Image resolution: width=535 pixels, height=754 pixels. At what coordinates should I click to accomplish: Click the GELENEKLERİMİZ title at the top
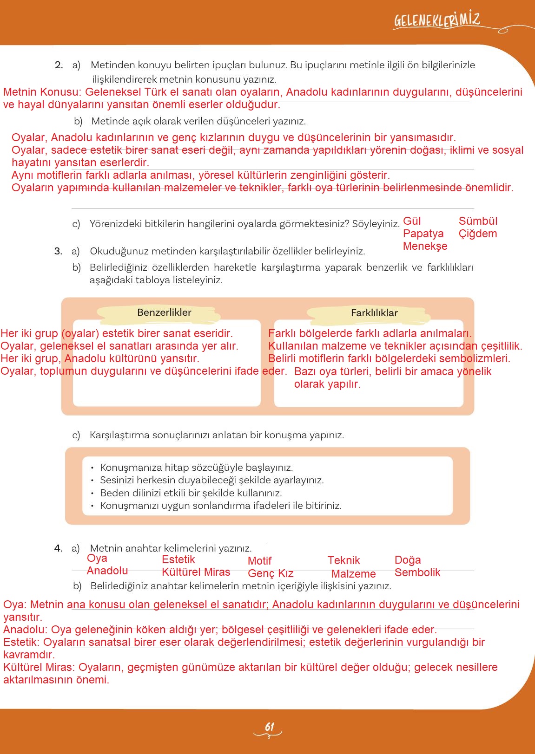tap(437, 20)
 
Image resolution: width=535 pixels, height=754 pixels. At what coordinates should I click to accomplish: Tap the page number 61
tap(269, 727)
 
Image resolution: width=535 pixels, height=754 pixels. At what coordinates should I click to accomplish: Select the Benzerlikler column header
tap(164, 312)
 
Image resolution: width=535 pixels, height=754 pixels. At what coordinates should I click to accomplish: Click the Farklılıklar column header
tap(374, 313)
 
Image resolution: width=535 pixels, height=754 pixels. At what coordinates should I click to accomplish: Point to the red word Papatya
tap(423, 234)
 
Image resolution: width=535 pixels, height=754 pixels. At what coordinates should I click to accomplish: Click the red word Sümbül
tap(478, 221)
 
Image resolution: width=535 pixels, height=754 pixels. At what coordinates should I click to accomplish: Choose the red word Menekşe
tap(425, 246)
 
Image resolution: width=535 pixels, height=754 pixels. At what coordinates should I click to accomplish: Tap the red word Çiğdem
tap(478, 234)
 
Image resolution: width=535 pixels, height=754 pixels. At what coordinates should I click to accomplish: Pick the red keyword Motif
tap(259, 561)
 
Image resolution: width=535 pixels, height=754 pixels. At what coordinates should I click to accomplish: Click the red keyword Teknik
tap(343, 560)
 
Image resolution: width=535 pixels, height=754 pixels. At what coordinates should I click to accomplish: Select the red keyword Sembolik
tap(417, 572)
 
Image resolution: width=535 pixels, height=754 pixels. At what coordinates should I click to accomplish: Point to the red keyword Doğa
tap(407, 560)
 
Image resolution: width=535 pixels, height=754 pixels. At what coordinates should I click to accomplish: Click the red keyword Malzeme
tap(353, 574)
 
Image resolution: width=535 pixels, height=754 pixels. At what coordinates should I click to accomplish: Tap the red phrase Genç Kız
tap(271, 574)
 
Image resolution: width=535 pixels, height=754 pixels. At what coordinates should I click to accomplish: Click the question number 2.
tap(59, 65)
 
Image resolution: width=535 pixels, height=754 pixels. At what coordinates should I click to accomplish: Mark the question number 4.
tap(58, 548)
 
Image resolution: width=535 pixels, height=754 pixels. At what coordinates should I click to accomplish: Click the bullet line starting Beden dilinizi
tap(191, 493)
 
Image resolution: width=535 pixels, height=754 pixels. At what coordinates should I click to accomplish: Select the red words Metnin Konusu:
tap(42, 92)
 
